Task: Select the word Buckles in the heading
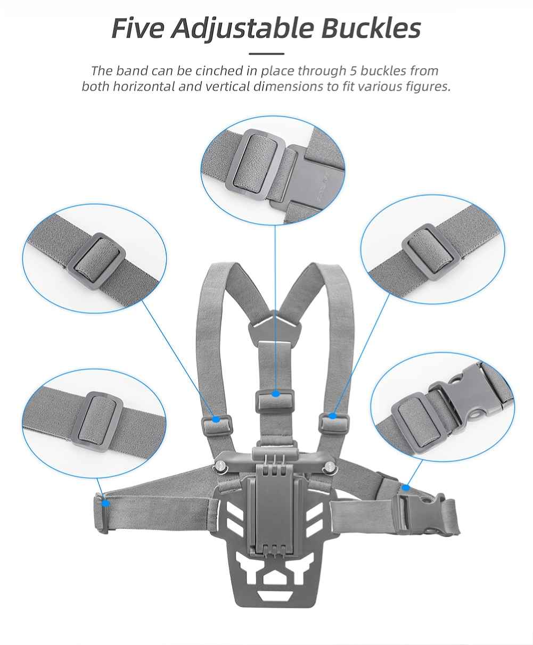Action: point(371,28)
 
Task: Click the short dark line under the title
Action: point(266,54)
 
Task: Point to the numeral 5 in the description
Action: point(354,71)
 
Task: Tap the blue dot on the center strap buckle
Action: point(275,394)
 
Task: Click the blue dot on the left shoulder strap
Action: point(216,419)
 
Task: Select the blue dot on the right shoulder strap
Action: point(332,416)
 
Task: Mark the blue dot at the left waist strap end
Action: point(106,503)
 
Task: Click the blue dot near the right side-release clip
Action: point(406,488)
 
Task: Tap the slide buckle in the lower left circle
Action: point(97,422)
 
